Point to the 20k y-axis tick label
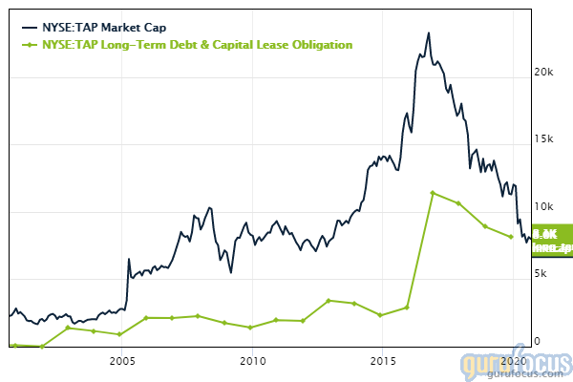(x=543, y=73)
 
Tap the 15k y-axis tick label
(x=543, y=139)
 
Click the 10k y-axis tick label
(x=543, y=206)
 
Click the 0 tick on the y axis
(x=537, y=341)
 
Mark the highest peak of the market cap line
(x=429, y=33)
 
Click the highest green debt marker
(x=433, y=193)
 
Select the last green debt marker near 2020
(x=511, y=237)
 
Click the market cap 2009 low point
(x=230, y=271)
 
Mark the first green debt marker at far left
(x=15, y=344)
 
